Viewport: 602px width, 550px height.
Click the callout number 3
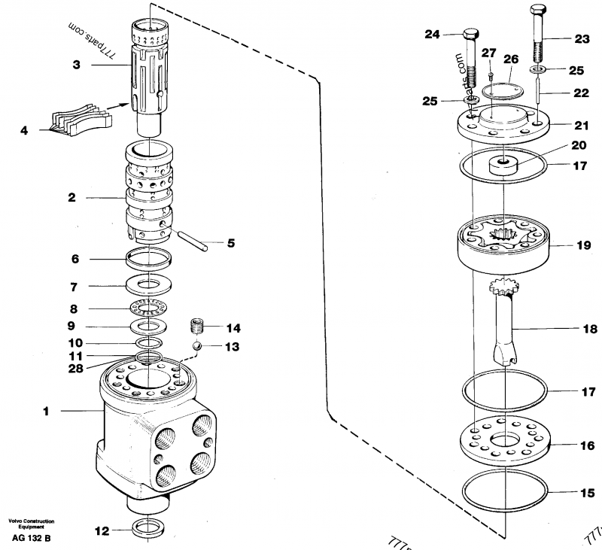pos(76,65)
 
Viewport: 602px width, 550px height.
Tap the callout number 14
pos(233,328)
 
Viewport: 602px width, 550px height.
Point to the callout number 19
pos(583,245)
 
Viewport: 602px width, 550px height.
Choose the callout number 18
pos(589,329)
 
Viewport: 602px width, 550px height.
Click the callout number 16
pos(587,445)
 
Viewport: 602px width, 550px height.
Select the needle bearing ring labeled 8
pos(150,308)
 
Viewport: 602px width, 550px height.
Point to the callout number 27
pos(489,53)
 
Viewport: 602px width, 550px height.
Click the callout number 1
pos(46,412)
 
